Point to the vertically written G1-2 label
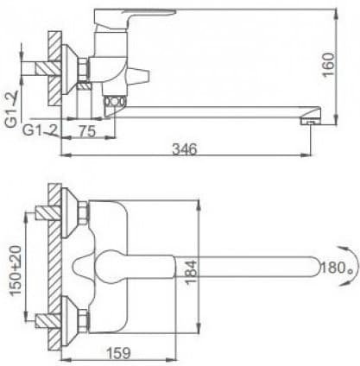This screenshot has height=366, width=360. tap(11, 110)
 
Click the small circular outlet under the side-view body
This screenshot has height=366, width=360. tap(113, 104)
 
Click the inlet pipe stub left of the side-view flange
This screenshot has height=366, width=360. tap(37, 67)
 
